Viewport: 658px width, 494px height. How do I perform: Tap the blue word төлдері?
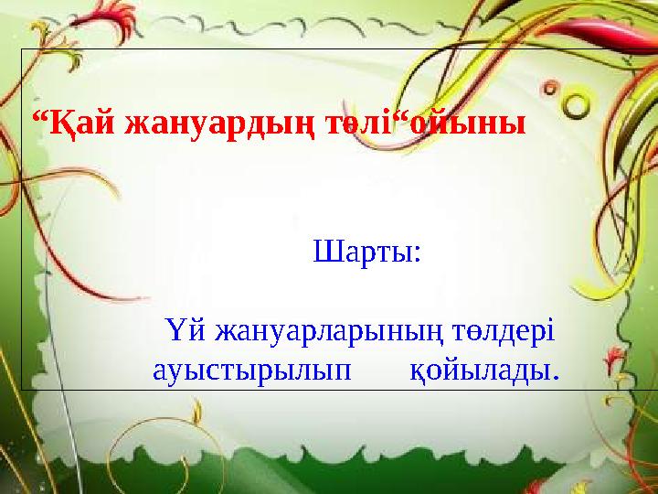tap(502, 328)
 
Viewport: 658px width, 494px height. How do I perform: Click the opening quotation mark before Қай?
tap(37, 117)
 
